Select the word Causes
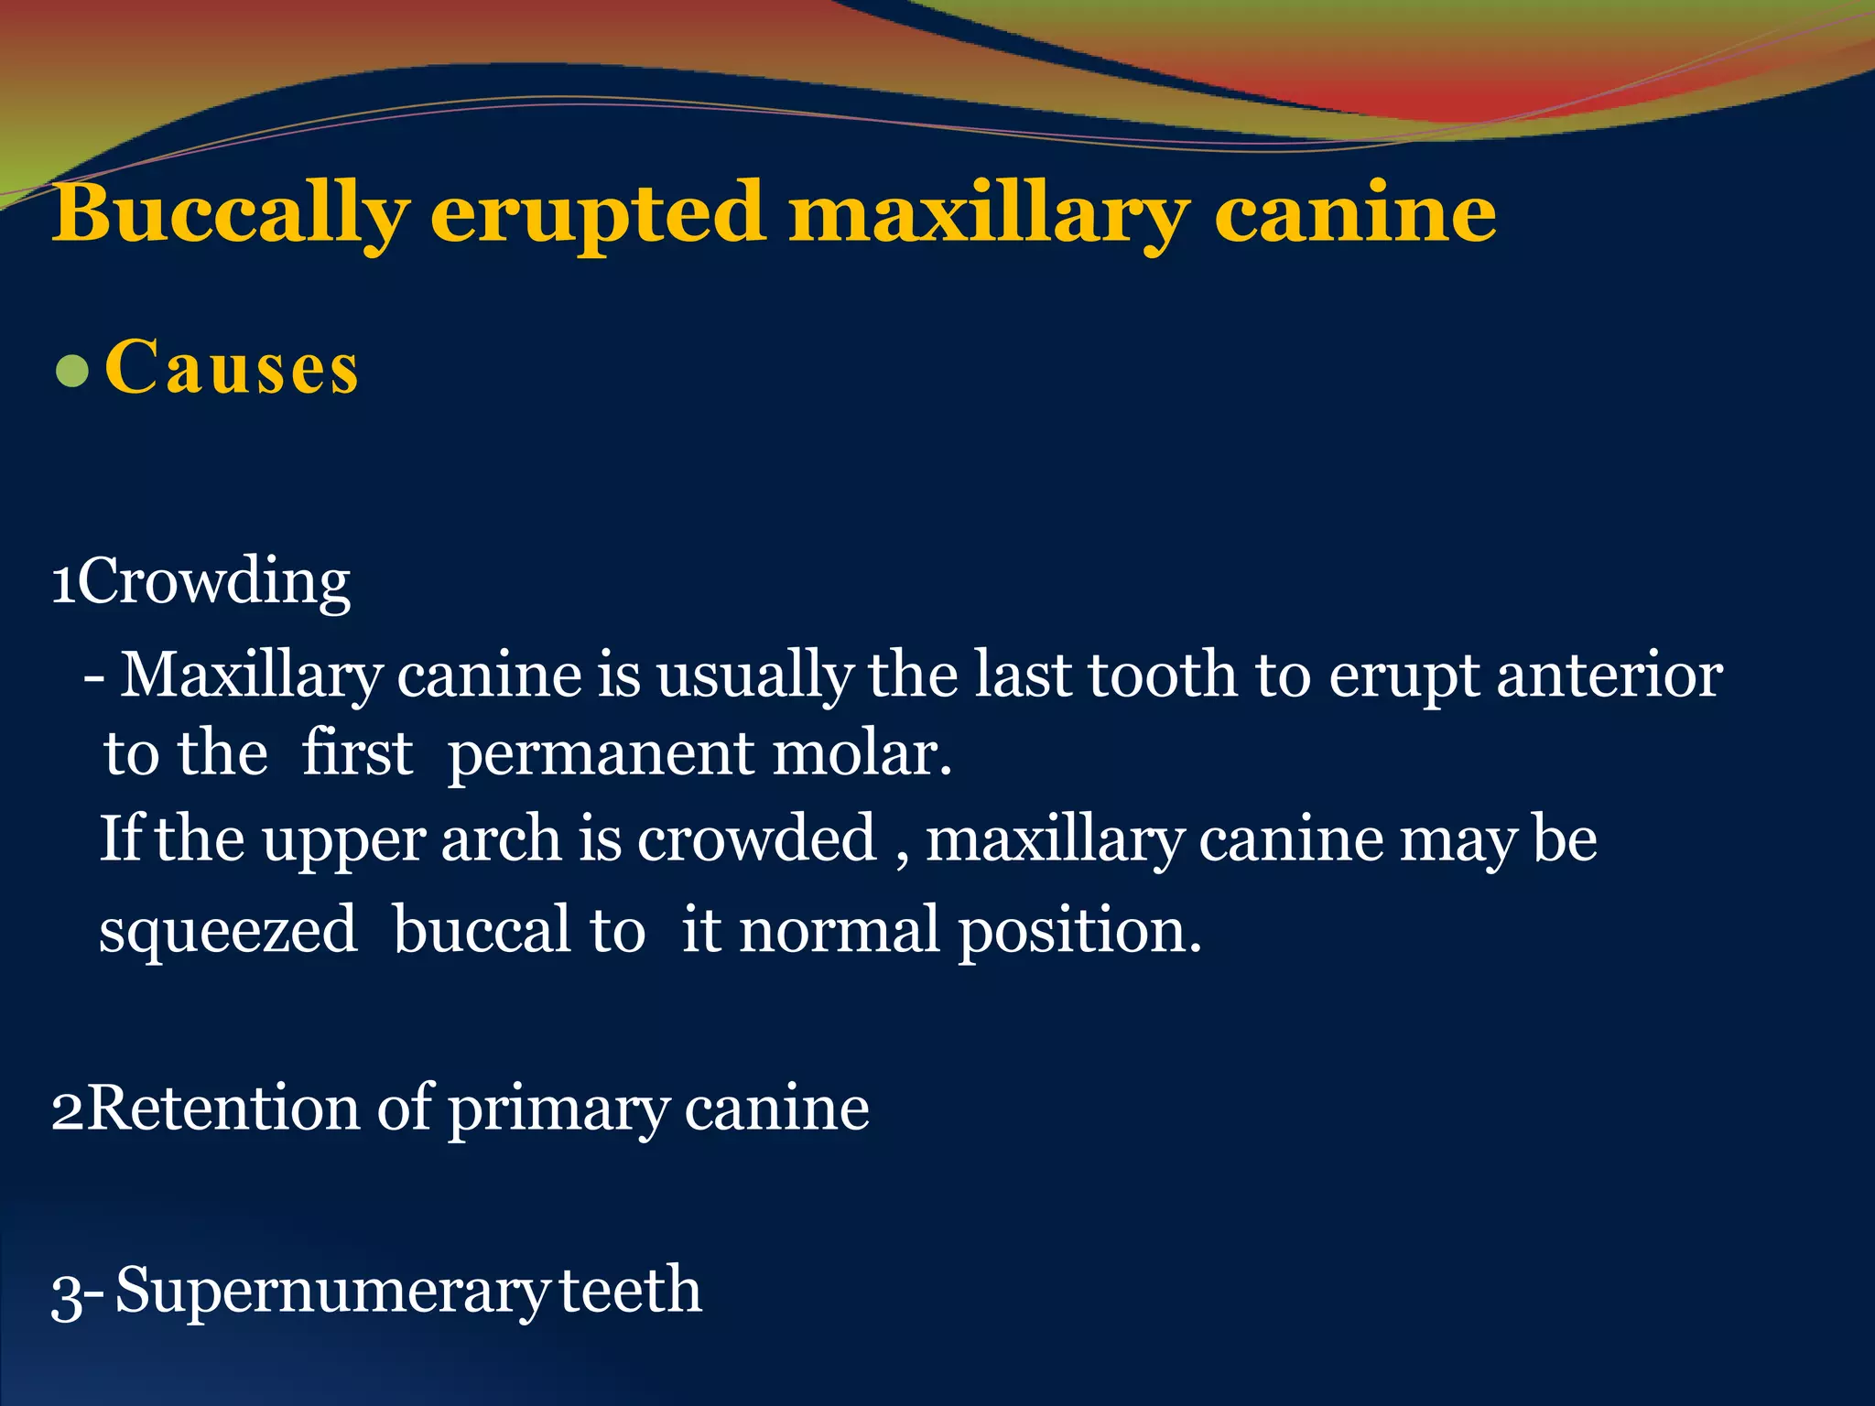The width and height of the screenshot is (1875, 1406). point(232,368)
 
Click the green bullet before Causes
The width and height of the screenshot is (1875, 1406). point(71,372)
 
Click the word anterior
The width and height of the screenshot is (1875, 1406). point(1609,676)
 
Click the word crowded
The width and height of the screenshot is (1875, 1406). point(756,838)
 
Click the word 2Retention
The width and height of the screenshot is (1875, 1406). point(205,1109)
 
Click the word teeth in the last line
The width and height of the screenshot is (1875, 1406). point(630,1290)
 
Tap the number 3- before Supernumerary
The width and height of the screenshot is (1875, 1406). point(77,1293)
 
